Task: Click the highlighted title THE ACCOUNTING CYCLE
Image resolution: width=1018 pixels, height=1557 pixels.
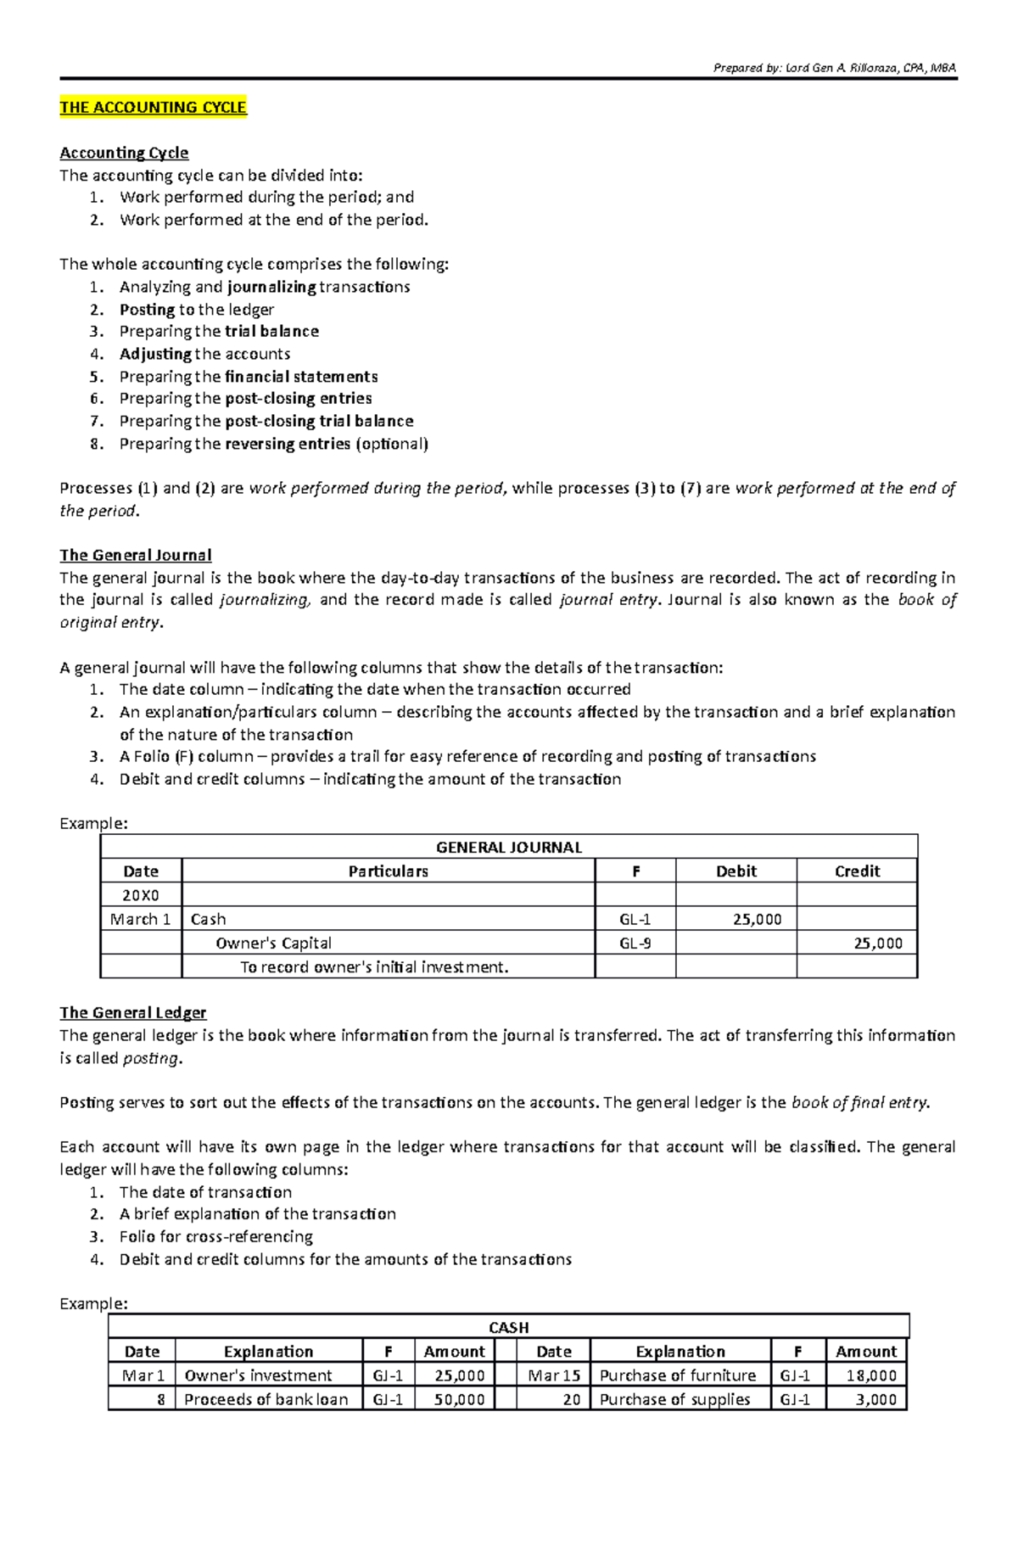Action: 153,107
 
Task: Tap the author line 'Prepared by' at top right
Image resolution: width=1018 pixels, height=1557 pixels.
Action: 835,68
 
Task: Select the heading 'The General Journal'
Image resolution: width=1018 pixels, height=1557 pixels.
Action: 135,555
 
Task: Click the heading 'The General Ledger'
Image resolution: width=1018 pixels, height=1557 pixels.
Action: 132,1012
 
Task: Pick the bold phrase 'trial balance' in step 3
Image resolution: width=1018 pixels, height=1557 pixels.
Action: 271,331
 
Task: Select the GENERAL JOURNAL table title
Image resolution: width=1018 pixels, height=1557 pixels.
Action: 508,847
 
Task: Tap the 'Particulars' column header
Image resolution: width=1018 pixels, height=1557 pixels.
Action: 388,871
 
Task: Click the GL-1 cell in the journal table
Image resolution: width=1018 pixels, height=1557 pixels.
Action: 635,919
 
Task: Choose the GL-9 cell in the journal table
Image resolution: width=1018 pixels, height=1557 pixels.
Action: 635,943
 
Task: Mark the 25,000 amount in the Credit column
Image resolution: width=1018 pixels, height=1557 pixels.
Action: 878,943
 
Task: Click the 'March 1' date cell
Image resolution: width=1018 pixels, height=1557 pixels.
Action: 141,919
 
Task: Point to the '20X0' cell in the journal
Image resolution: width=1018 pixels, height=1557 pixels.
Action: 141,894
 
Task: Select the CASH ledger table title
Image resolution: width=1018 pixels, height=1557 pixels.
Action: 508,1327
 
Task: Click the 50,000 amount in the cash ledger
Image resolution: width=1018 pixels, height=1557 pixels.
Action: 459,1399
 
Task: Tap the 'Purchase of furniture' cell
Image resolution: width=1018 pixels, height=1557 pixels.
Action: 677,1375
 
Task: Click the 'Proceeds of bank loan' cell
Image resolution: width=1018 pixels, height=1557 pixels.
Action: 266,1399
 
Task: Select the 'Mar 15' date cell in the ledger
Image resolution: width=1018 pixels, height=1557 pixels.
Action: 553,1375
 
